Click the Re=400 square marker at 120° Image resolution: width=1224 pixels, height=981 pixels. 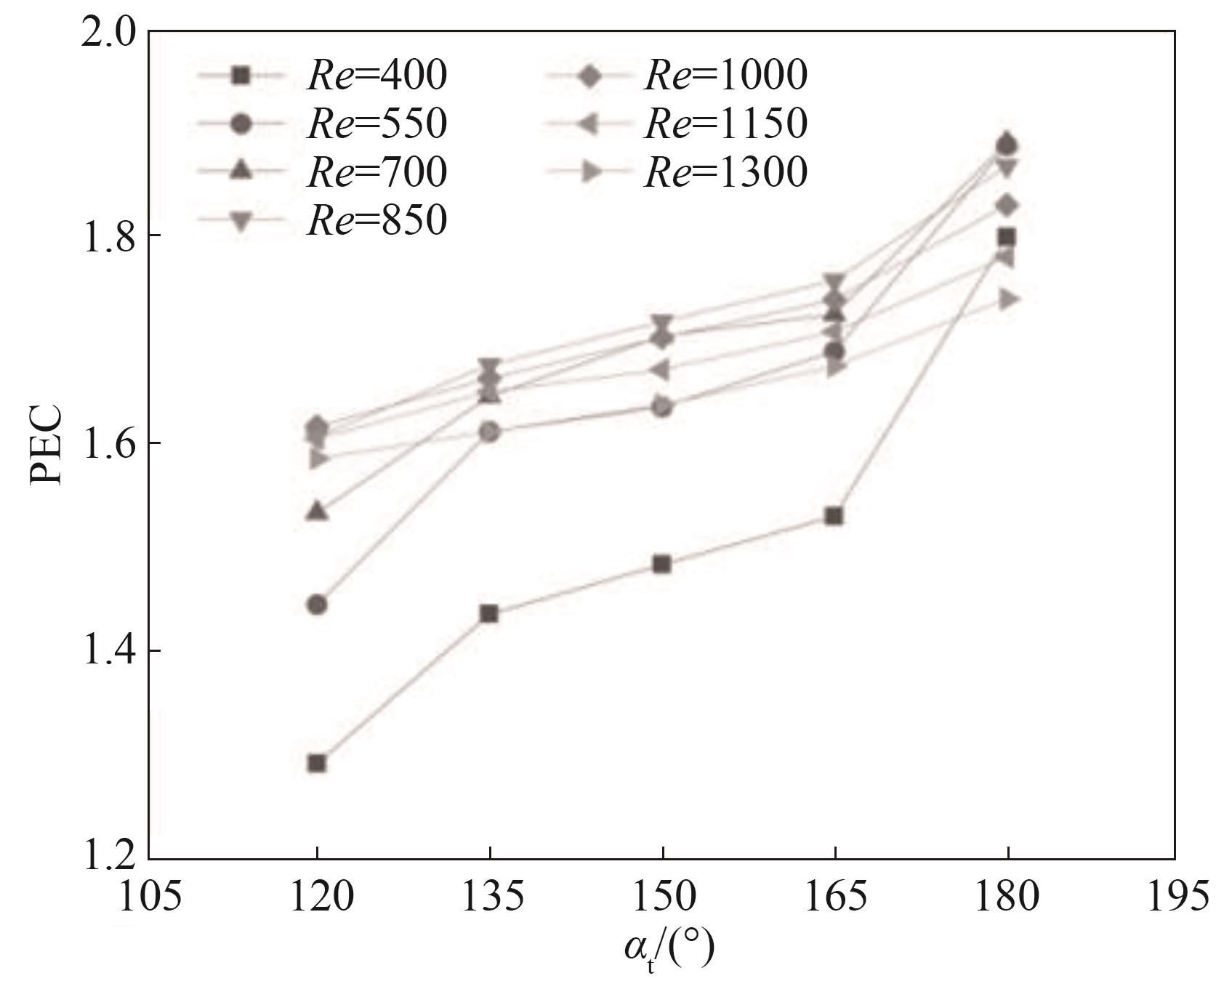[317, 763]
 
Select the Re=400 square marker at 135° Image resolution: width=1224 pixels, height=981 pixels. [490, 613]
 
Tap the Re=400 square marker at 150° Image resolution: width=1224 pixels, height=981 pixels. [662, 564]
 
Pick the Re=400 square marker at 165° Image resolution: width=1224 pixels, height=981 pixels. [835, 516]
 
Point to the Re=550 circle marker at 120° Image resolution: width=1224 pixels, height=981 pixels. [317, 605]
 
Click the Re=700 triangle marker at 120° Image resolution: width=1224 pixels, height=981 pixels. [317, 511]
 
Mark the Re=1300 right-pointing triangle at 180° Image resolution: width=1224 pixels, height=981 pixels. [1008, 299]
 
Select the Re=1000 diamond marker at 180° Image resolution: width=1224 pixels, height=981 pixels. [1007, 206]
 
